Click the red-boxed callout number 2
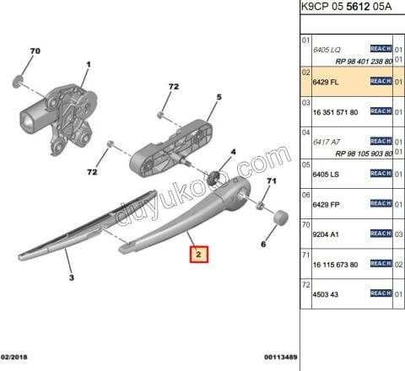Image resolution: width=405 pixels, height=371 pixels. coord(197,253)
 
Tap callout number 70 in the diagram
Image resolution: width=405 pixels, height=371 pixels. coord(35,52)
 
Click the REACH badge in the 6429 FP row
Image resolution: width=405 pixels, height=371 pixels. coord(381,203)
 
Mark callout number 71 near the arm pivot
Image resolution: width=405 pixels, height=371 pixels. coord(271,181)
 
